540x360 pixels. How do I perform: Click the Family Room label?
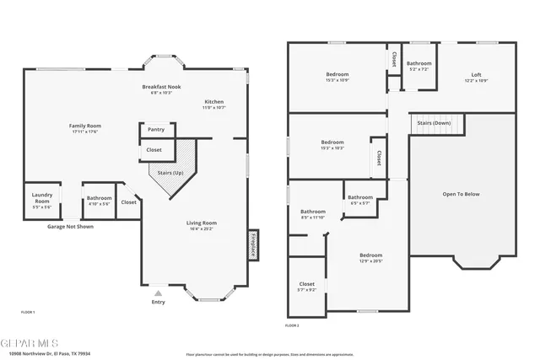pyautogui.click(x=84, y=126)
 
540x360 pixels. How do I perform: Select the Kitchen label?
pyautogui.click(x=213, y=101)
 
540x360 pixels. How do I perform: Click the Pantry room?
pyautogui.click(x=156, y=130)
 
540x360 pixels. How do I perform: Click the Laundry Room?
pyautogui.click(x=42, y=199)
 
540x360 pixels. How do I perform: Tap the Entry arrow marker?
pyautogui.click(x=158, y=293)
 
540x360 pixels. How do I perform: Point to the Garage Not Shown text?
pyautogui.click(x=70, y=226)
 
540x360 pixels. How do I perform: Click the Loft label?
pyautogui.click(x=476, y=75)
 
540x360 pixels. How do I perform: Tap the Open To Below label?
pyautogui.click(x=461, y=194)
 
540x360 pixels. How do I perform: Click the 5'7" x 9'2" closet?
pyautogui.click(x=307, y=286)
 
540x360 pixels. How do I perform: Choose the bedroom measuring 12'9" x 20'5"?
pyautogui.click(x=370, y=257)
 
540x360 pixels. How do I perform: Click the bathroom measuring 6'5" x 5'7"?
pyautogui.click(x=360, y=199)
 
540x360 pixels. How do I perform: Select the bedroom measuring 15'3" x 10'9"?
pyautogui.click(x=337, y=77)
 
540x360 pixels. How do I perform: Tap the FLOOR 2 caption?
pyautogui.click(x=292, y=325)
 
